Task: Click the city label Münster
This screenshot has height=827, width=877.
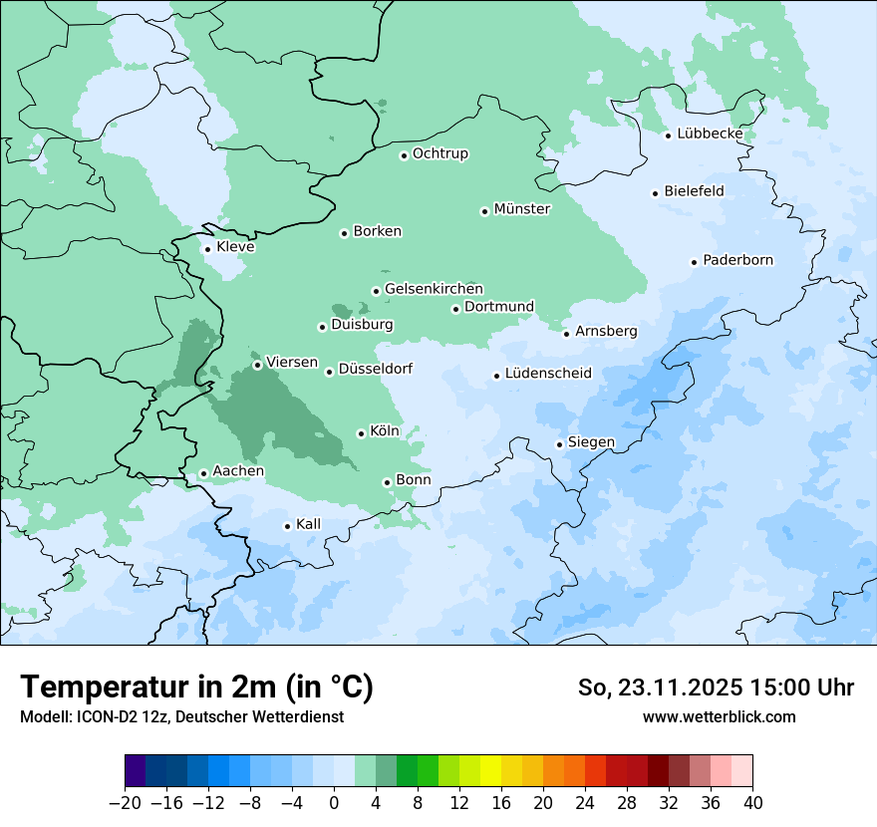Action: coord(522,209)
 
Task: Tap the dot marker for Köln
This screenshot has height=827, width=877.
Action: coord(361,433)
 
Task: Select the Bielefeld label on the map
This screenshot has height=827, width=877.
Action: coord(694,191)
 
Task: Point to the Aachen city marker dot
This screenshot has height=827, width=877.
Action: coord(203,474)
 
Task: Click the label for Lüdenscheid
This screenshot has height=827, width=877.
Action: coord(548,374)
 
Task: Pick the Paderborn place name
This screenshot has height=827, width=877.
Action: coord(737,260)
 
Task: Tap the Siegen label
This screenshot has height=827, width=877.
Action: coord(591,442)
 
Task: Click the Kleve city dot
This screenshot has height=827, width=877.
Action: coord(207,249)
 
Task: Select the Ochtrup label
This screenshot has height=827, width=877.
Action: coord(440,153)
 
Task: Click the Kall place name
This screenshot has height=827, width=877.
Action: coord(309,524)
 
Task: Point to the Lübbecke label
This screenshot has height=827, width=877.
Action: coord(710,134)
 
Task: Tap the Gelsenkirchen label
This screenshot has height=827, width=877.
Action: coord(434,289)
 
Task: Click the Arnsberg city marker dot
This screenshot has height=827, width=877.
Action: coord(566,334)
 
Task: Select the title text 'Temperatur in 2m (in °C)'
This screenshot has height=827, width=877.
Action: coord(196,688)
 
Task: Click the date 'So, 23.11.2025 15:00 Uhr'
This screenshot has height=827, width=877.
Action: coord(716,688)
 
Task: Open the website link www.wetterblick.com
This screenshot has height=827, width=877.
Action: coord(719,716)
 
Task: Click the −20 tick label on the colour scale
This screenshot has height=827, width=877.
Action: coord(125,803)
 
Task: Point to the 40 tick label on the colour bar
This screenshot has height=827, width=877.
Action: coord(752,803)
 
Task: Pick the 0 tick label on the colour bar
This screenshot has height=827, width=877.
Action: coord(334,803)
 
